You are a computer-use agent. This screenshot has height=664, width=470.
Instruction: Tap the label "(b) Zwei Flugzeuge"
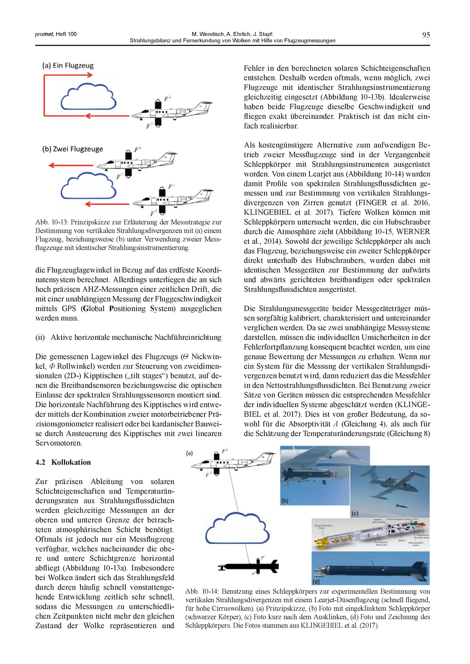72,149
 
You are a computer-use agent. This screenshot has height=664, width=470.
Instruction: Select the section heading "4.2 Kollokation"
63,462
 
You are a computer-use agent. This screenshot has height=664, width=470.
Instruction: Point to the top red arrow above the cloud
68,75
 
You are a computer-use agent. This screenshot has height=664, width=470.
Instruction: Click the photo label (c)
355,513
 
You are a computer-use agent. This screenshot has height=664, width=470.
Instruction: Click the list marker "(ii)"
40,338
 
